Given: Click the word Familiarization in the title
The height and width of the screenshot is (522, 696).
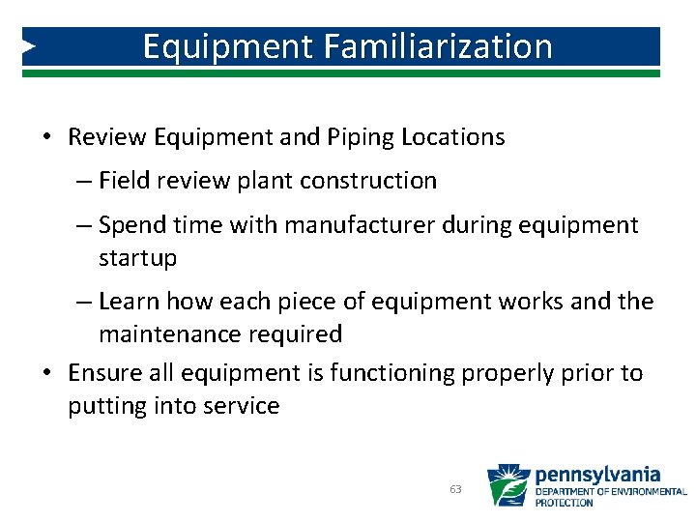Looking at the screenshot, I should [x=442, y=46].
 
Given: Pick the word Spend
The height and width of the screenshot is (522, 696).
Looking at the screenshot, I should [x=131, y=225].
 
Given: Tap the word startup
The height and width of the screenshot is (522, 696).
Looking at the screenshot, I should [x=137, y=258].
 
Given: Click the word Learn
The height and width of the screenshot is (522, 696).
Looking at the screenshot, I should [x=130, y=302].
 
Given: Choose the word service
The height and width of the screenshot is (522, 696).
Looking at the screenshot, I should [x=241, y=406].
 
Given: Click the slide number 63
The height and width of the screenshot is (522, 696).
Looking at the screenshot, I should [x=455, y=489].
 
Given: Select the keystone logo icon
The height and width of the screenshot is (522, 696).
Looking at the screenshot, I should [x=507, y=485].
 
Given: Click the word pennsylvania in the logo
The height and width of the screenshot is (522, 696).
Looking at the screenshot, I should [x=597, y=475].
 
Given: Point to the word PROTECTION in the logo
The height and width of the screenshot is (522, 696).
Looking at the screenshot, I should [x=565, y=503].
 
